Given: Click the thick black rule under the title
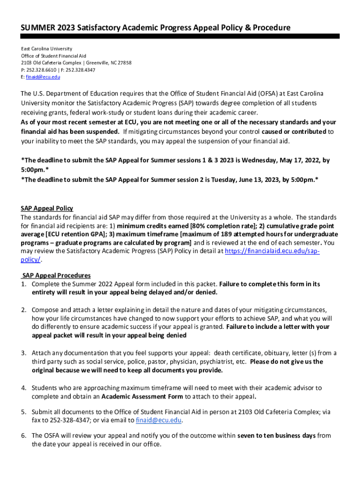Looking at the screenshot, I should tap(180, 36).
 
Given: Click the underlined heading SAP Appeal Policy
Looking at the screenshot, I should tap(47, 209).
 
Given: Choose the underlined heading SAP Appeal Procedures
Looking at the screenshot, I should tap(56, 276).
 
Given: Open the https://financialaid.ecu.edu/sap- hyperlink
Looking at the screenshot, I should tap(273, 251).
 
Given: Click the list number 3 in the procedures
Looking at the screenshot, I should tap(23, 353).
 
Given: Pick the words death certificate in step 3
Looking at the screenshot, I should tap(237, 353).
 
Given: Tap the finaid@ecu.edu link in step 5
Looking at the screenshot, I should tap(158, 421).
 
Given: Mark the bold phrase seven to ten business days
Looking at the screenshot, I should tap(276, 435).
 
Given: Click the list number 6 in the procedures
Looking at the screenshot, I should tap(23, 435).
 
